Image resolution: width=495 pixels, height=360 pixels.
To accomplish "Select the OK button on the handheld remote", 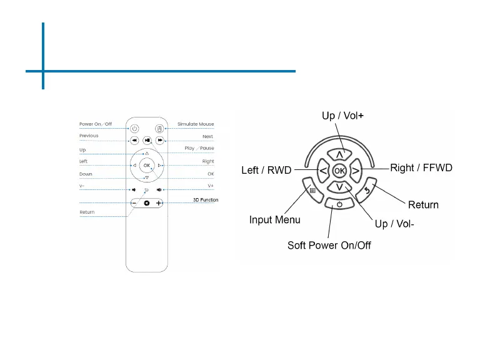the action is click(x=147, y=165).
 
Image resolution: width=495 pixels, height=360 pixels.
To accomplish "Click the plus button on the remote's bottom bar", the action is click(x=159, y=203).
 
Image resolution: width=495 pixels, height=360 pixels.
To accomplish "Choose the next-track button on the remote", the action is click(x=160, y=141).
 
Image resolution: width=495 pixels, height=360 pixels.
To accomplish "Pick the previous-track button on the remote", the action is click(x=134, y=141).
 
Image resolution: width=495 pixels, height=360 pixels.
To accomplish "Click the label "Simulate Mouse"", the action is click(x=196, y=124).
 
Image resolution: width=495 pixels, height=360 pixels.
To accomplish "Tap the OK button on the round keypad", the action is click(x=339, y=170).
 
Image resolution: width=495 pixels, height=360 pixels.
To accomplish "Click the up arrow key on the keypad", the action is click(x=339, y=154).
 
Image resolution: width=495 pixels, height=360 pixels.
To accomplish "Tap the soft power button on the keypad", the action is click(x=339, y=204).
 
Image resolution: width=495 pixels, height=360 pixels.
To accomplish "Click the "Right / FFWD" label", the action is click(x=421, y=167).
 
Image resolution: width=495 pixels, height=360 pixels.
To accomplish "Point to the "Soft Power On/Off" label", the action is click(x=329, y=245).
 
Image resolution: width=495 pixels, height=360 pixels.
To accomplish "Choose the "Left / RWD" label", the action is click(x=266, y=170).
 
